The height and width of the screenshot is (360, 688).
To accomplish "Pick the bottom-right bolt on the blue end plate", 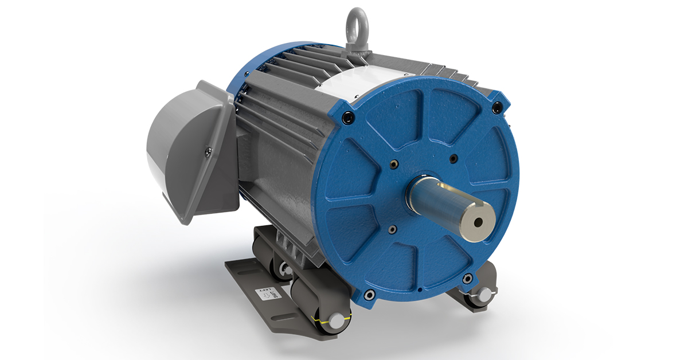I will pos(467,279).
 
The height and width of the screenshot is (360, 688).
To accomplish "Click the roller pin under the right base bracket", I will pos(484,295).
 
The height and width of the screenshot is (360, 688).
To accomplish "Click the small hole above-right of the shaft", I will pos(453,158).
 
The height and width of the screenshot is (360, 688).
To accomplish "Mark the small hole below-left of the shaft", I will pos(392,229).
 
